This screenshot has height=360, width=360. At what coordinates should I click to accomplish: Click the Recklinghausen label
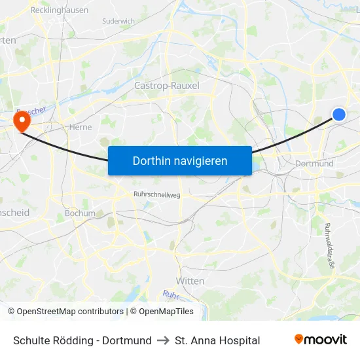point(60,11)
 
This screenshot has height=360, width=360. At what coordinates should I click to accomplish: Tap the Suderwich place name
point(118,21)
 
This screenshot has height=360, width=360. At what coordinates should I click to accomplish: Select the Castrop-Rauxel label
point(166,86)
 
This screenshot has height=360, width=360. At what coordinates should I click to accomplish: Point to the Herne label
point(80,128)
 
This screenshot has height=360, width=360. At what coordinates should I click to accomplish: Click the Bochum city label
point(80,213)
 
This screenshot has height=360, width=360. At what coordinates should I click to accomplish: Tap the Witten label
point(190,281)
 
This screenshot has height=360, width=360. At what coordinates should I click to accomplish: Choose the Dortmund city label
point(314,164)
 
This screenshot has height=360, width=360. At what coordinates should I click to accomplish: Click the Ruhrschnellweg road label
point(156,194)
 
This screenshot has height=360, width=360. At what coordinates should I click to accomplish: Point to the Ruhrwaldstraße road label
point(329,246)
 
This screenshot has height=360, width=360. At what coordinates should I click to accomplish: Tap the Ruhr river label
point(170,295)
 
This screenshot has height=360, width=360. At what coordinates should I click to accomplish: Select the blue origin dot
point(338,115)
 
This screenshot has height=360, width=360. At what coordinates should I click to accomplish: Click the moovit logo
point(320,340)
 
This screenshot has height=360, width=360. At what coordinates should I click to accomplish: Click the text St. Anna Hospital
point(217,340)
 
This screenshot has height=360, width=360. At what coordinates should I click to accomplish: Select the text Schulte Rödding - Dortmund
point(82,340)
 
